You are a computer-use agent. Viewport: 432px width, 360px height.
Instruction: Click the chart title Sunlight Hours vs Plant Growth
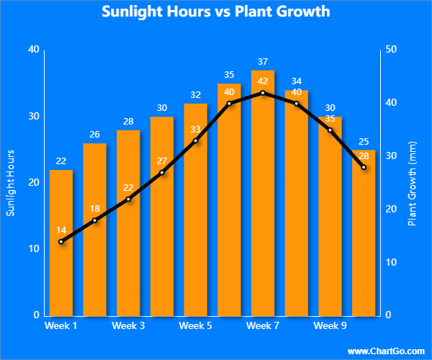tap(216, 12)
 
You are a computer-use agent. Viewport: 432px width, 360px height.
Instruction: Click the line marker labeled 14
tap(61, 241)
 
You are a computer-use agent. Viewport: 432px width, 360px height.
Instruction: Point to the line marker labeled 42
tap(263, 92)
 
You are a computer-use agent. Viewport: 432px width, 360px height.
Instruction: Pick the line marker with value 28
tap(364, 167)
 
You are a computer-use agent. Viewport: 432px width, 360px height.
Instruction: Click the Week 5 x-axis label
tap(195, 326)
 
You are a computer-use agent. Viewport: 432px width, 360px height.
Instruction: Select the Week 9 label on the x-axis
tap(330, 326)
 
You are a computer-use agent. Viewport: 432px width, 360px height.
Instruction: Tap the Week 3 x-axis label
tap(128, 326)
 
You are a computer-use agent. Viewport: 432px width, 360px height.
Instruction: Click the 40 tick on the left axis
tap(33, 49)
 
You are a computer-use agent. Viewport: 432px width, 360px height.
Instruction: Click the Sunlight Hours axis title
tap(10, 183)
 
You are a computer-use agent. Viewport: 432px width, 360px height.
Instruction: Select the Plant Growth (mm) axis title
tap(412, 183)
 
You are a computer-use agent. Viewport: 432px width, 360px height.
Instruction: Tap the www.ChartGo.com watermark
tap(386, 351)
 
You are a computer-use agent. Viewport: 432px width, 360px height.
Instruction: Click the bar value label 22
tap(61, 161)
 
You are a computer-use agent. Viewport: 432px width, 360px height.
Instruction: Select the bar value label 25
tap(364, 141)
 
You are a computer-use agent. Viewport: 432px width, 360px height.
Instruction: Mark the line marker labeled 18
tap(94, 220)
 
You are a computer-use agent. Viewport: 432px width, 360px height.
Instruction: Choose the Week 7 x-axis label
tap(263, 326)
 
